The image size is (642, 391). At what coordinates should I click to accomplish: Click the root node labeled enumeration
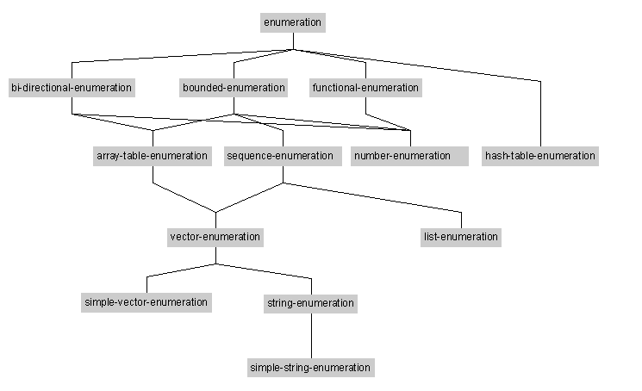click(x=293, y=22)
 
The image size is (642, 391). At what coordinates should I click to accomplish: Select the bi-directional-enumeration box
click(x=72, y=88)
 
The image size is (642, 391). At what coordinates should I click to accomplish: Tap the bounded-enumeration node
click(x=234, y=88)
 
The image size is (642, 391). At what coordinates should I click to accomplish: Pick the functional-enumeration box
click(x=365, y=88)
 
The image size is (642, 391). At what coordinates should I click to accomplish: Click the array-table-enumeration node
click(x=153, y=156)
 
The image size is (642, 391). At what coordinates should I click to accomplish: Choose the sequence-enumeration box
click(x=283, y=156)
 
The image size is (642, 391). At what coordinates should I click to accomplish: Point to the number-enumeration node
click(x=409, y=156)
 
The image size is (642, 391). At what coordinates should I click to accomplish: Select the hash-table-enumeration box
click(x=540, y=156)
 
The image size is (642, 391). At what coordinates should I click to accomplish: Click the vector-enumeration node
click(x=215, y=237)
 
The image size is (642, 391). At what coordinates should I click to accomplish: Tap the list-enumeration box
click(x=461, y=237)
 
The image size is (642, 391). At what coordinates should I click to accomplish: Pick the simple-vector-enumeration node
click(x=146, y=302)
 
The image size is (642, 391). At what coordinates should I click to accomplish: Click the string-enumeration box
click(x=310, y=303)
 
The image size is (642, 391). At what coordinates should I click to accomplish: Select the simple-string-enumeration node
click(x=311, y=367)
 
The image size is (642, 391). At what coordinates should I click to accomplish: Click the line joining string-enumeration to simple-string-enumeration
click(x=312, y=336)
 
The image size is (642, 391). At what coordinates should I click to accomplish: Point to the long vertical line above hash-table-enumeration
click(x=541, y=114)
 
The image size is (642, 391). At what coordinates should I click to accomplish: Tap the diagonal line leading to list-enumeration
click(x=372, y=197)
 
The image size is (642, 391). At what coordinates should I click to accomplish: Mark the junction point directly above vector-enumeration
click(x=215, y=212)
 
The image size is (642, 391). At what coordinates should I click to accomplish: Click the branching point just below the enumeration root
click(x=293, y=49)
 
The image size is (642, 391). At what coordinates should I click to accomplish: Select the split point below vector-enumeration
click(x=215, y=264)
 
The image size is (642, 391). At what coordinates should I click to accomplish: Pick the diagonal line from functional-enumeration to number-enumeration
click(x=388, y=122)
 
